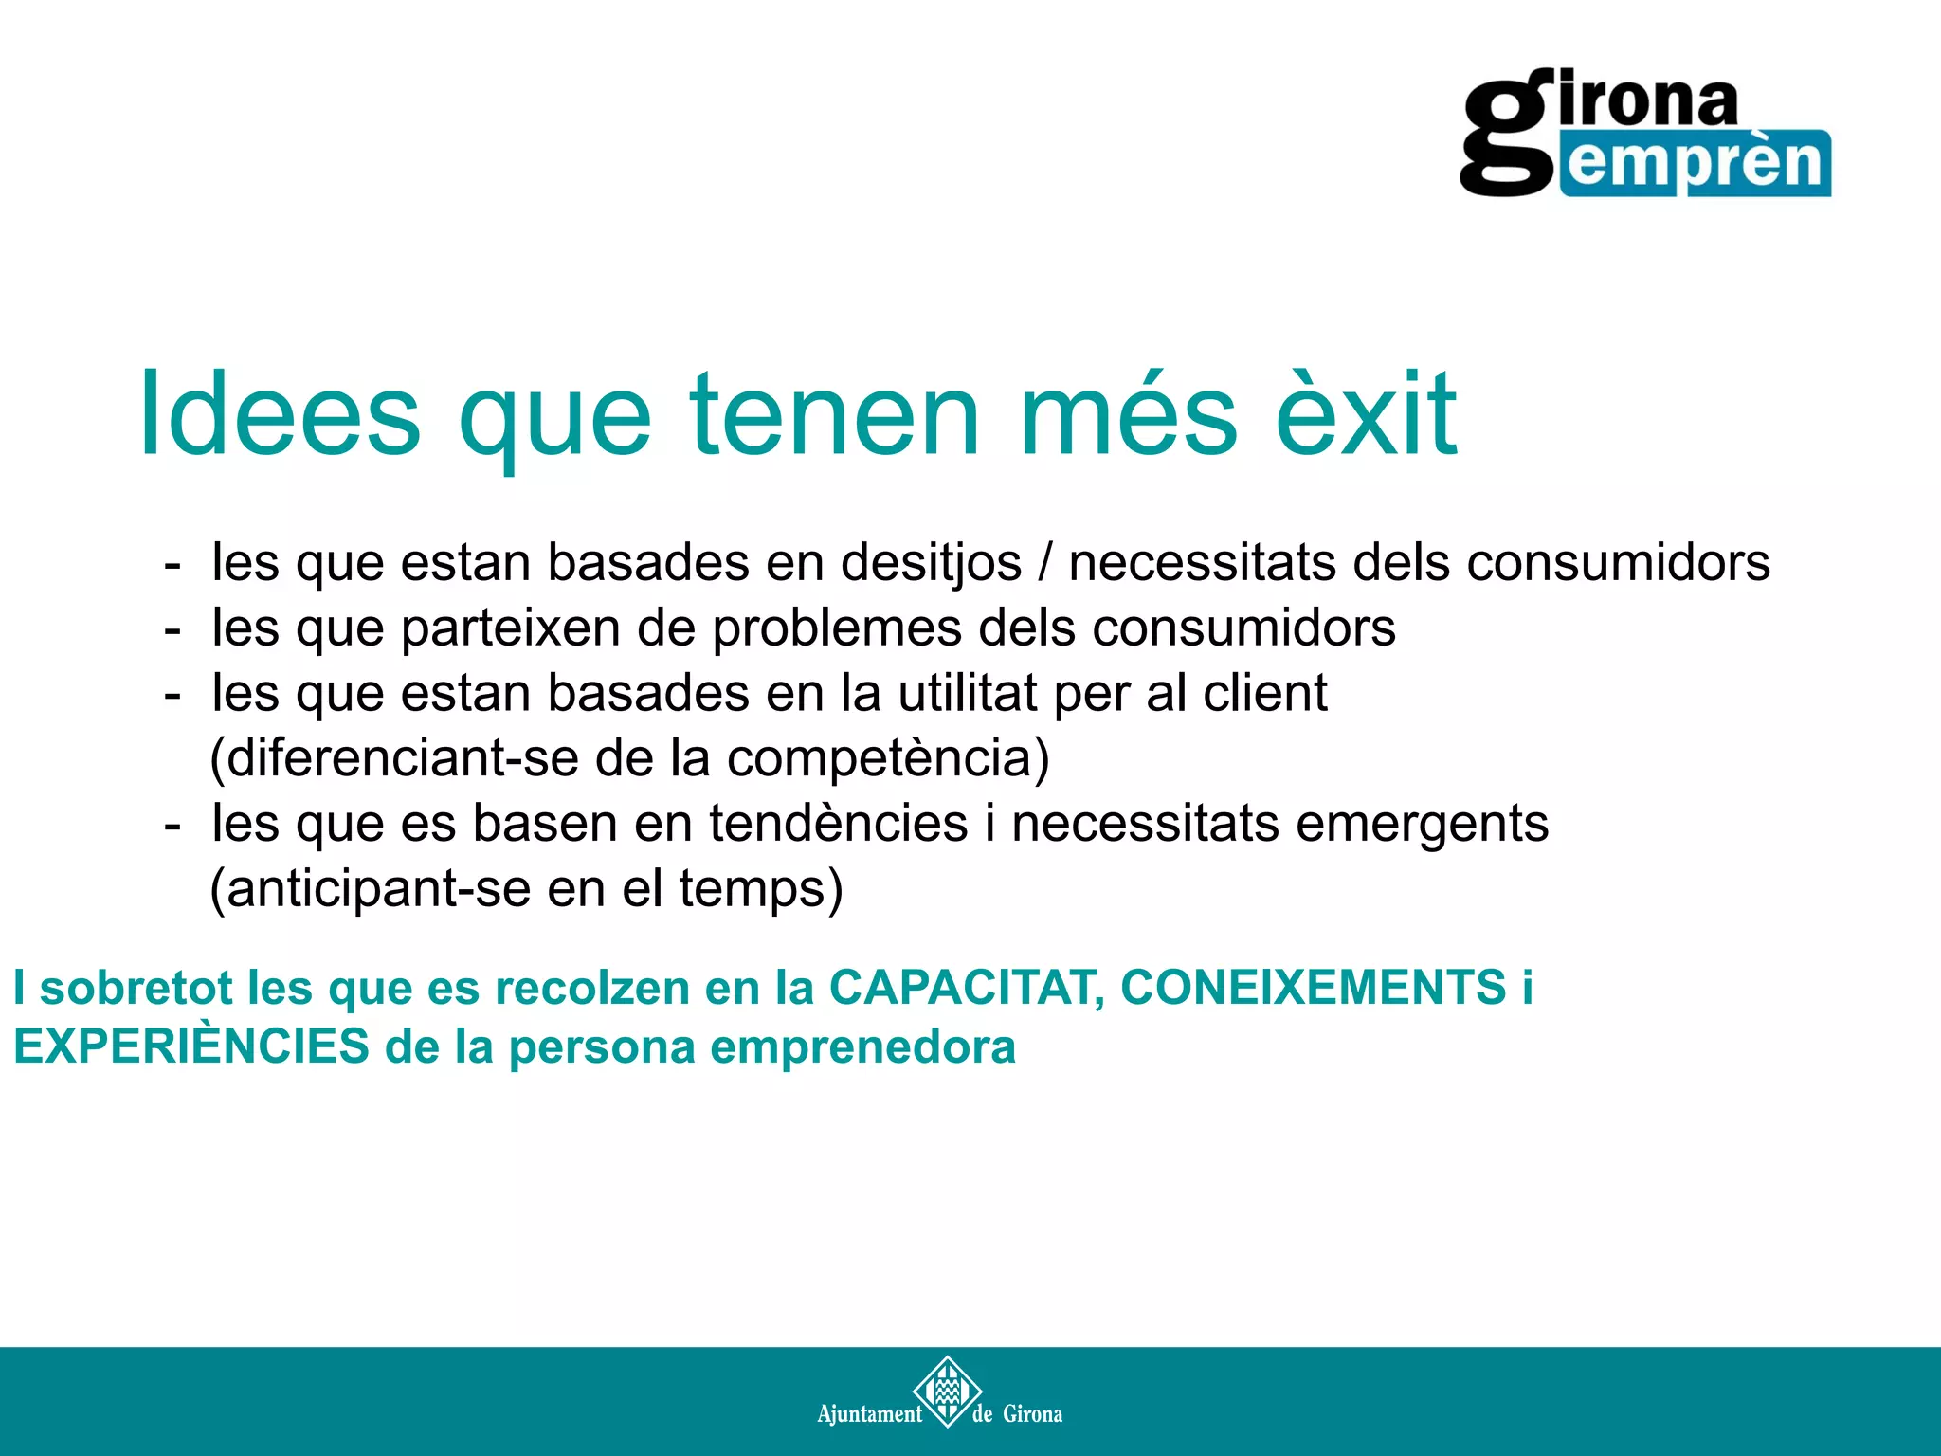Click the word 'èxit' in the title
point(1366,414)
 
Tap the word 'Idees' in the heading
point(280,414)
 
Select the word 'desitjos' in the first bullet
point(932,562)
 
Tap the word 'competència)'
point(888,757)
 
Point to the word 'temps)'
point(760,888)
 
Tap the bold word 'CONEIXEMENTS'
point(1314,987)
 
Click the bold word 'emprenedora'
point(862,1046)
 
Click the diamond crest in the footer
point(946,1391)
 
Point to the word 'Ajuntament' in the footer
point(869,1414)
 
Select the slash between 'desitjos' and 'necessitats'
point(1045,562)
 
